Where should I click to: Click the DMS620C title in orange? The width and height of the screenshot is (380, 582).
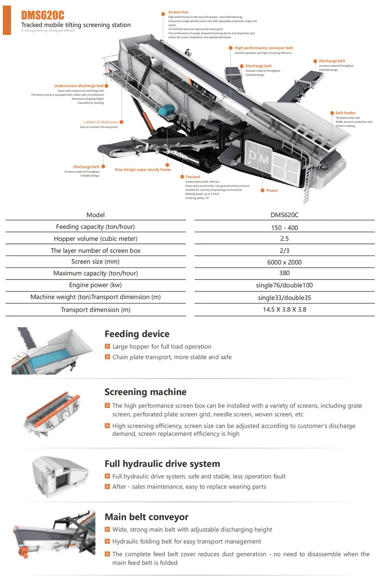coord(43,16)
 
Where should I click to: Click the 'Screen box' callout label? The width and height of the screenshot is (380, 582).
coord(178,12)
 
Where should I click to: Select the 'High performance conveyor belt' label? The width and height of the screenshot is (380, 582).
coord(263,48)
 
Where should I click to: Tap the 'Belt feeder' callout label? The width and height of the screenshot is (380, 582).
coord(345,113)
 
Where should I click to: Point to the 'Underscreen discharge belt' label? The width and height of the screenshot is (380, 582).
coord(79,86)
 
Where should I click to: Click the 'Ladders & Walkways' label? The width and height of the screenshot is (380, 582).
coord(100,122)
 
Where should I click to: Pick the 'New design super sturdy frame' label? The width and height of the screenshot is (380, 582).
coord(143,169)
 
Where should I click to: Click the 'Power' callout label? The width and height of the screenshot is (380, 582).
coord(272,191)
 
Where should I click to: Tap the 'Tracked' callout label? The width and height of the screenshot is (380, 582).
coord(192,177)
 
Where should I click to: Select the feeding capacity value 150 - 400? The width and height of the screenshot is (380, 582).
coord(284,228)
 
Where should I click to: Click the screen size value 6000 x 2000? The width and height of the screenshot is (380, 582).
coord(284,262)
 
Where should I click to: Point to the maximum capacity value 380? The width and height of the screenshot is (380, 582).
coord(284,273)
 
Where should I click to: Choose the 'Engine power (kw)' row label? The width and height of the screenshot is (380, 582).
coord(95,285)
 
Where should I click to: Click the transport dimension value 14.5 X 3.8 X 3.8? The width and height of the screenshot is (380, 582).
coord(284,309)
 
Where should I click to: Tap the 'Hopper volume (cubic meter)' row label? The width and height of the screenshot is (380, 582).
coord(95,239)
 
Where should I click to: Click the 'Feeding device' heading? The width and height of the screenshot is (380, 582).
coord(137,334)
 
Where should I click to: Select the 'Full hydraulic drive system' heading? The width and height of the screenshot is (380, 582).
coord(162,464)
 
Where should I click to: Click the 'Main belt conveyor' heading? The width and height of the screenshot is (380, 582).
coord(147,517)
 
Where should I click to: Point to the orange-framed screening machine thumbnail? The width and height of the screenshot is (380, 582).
coord(52,414)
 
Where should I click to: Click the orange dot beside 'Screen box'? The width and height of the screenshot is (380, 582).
coord(163,14)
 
